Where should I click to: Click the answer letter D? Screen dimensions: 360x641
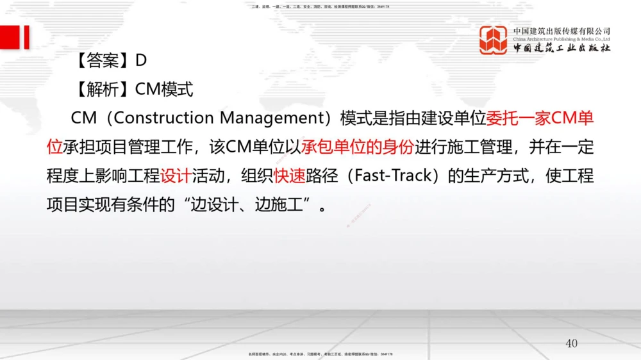[141, 60]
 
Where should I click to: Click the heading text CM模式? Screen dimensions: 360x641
[164, 89]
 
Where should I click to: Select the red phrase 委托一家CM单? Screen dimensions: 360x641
[540, 118]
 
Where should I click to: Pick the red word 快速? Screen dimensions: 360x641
[289, 176]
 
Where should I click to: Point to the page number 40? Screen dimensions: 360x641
[571, 343]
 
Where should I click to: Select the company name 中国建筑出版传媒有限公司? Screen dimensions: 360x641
[562, 31]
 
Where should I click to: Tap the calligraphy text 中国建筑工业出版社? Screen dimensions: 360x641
[562, 48]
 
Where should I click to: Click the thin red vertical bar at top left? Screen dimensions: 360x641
[27, 37]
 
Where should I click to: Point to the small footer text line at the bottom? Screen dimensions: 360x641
[320, 354]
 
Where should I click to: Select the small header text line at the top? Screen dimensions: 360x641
[320, 6]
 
